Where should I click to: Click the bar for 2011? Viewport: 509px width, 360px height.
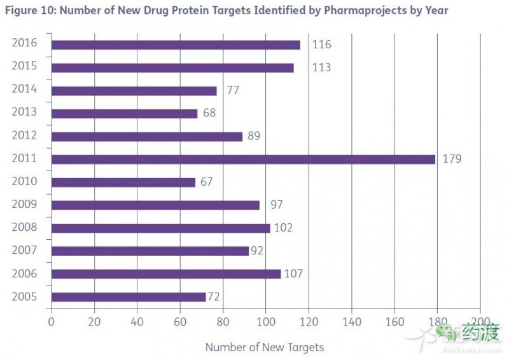click(x=243, y=159)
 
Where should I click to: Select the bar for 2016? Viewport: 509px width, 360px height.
click(x=176, y=45)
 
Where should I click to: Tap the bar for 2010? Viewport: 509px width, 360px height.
click(x=123, y=182)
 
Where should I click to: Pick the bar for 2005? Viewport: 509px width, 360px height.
click(x=128, y=296)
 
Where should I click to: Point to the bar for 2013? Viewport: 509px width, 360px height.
click(x=124, y=113)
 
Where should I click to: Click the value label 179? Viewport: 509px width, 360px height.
click(x=452, y=159)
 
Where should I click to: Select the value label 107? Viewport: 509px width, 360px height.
click(x=293, y=273)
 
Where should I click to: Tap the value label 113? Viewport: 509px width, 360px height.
click(x=321, y=67)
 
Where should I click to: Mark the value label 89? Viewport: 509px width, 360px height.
click(x=254, y=136)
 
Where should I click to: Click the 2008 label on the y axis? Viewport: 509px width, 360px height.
click(x=24, y=227)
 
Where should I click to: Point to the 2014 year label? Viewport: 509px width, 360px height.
click(x=24, y=89)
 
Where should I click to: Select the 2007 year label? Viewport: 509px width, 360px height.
click(x=24, y=250)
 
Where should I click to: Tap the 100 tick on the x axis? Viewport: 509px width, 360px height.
click(x=265, y=321)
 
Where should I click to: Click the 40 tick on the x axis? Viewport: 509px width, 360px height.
click(x=137, y=321)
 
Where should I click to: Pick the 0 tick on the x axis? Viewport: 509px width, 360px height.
click(x=51, y=321)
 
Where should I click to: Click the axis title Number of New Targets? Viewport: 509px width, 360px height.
click(x=264, y=347)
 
